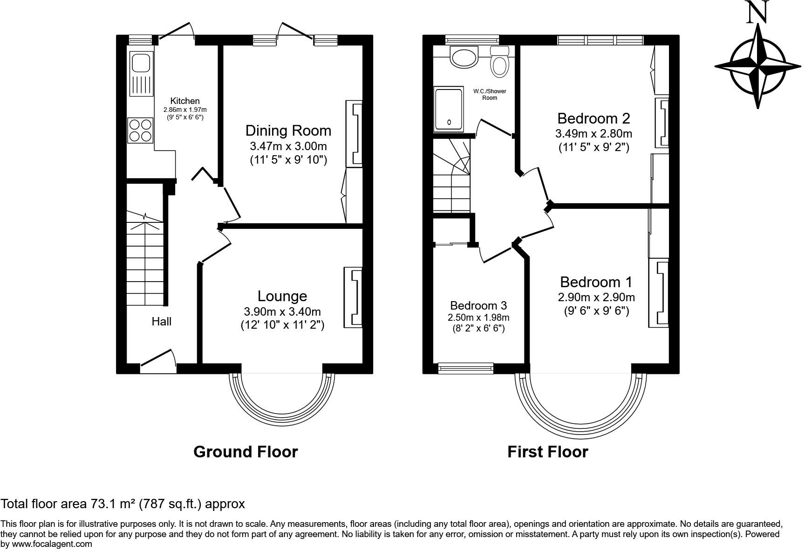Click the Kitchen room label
click(x=185, y=101)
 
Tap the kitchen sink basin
click(x=141, y=62)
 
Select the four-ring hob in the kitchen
click(x=141, y=130)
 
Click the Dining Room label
click(x=288, y=131)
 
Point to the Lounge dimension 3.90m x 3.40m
click(x=282, y=311)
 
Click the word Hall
click(x=162, y=321)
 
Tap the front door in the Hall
click(x=158, y=362)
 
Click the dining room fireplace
click(x=354, y=133)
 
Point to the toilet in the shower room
click(x=499, y=61)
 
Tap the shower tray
click(x=448, y=110)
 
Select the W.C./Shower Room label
click(x=490, y=95)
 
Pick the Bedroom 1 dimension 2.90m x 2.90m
click(x=596, y=297)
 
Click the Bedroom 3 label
click(x=478, y=306)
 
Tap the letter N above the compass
click(x=757, y=12)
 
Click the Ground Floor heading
click(x=246, y=452)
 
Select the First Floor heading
click(x=548, y=452)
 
